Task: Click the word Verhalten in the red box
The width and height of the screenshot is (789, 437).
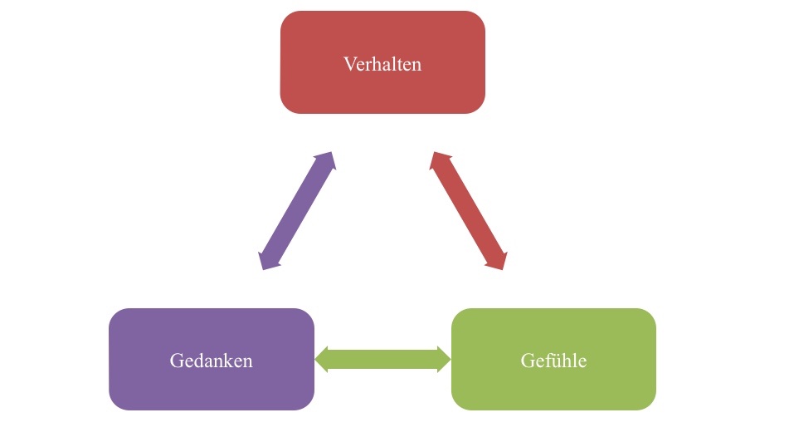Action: (x=382, y=64)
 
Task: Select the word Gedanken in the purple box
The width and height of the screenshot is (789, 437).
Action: (x=211, y=361)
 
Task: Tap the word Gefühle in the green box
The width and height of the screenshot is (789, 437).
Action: (x=553, y=361)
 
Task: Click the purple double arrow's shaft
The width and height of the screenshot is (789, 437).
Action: (x=297, y=211)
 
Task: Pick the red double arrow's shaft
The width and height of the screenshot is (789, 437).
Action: (x=468, y=211)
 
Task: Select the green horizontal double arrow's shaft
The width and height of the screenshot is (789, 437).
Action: (x=382, y=359)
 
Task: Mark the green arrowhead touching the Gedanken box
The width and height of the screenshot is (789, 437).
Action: (x=324, y=359)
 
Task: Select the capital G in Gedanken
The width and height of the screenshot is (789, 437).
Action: (x=176, y=361)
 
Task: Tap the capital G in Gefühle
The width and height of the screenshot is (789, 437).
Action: (x=528, y=361)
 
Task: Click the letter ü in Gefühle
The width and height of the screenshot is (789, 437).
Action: (x=556, y=361)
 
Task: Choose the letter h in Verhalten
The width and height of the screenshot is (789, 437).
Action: (x=376, y=64)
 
